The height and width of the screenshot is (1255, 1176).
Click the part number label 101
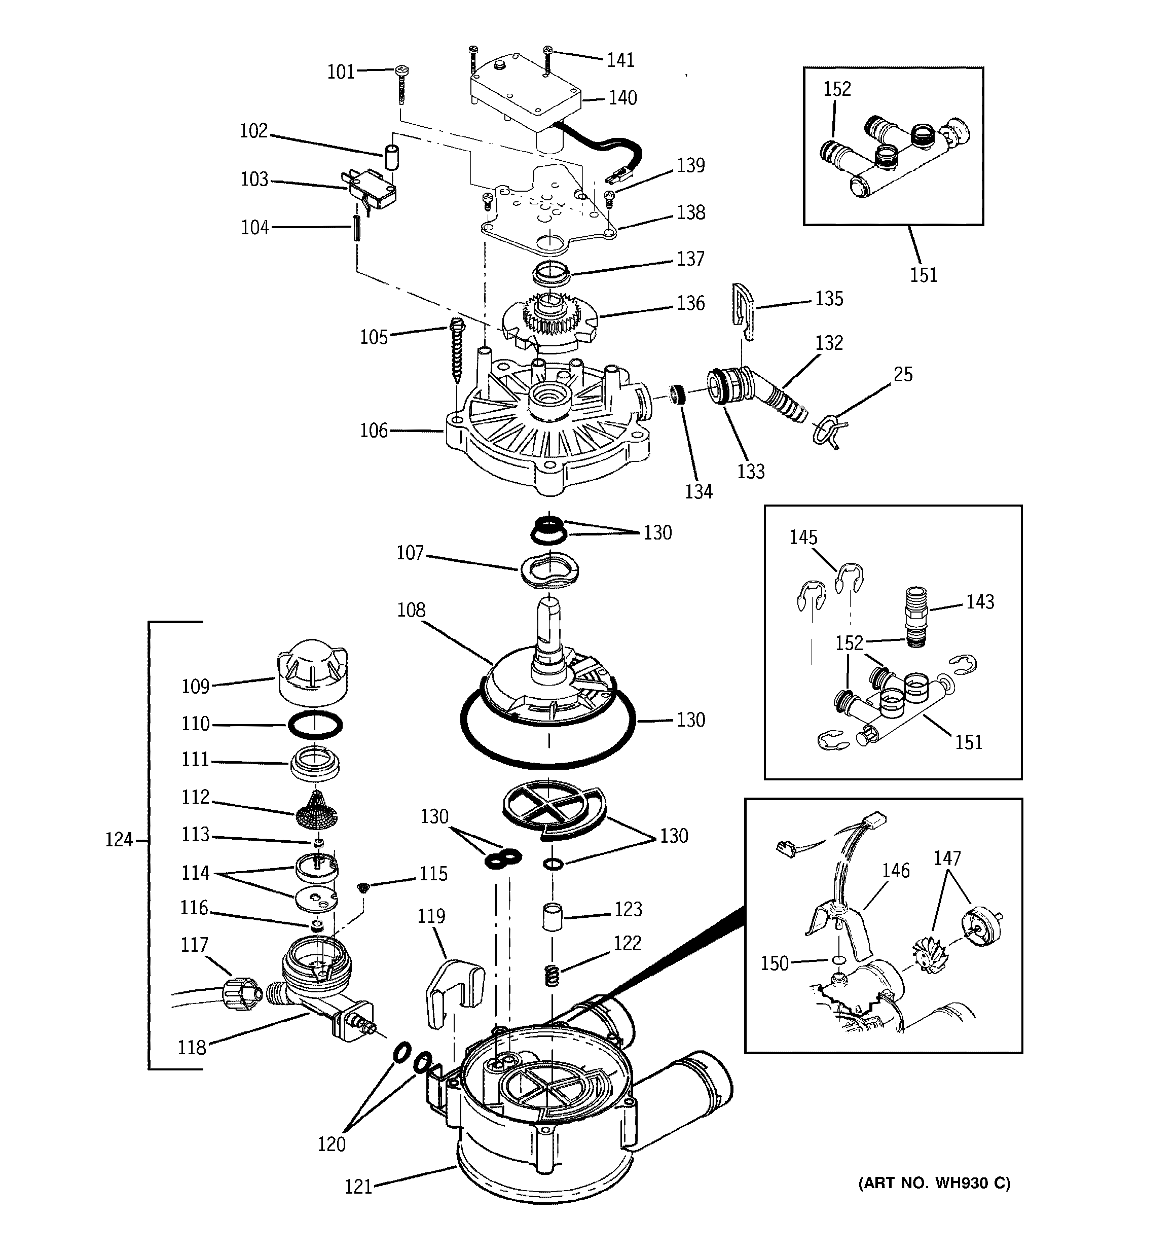tap(341, 72)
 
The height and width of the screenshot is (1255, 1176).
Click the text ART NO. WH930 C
tap(934, 1182)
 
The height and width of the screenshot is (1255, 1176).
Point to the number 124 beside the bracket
tap(119, 840)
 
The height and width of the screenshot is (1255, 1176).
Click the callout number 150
tap(775, 963)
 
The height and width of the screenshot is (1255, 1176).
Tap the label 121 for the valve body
tap(358, 1187)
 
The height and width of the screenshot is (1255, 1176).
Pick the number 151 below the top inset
tap(923, 275)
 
